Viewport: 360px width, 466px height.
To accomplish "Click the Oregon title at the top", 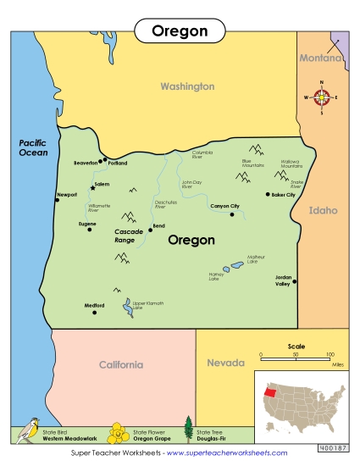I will pos(180,31).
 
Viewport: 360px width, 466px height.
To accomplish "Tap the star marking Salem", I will pos(93,187).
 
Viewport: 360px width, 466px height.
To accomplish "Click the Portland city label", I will pos(117,163).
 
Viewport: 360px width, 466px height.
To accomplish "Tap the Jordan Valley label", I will pos(282,280).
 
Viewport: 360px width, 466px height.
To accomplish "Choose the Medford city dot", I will pos(94,312).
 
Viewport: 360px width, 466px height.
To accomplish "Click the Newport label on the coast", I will pos(67,194).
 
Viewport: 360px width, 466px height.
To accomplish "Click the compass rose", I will pos(322,97).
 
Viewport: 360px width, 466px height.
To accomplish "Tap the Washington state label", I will pos(187,86).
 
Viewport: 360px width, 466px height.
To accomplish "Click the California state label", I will pos(121,365).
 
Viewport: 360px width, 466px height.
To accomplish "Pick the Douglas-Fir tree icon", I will pos(188,430).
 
